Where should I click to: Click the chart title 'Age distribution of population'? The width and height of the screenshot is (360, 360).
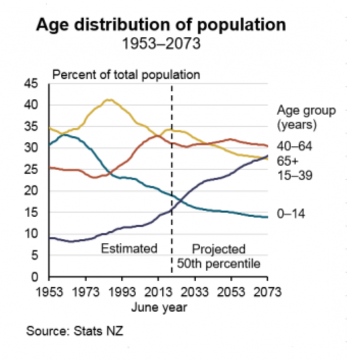161,25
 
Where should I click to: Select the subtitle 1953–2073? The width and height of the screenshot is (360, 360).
161,44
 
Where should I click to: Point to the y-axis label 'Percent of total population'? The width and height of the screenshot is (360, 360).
126,74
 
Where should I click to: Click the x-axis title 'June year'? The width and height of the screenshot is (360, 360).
159,307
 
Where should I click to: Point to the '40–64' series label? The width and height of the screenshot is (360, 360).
294,147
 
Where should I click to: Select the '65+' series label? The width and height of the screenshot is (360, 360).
288,161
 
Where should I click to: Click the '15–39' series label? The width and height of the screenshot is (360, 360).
294,175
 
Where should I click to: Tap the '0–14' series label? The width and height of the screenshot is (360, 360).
291,215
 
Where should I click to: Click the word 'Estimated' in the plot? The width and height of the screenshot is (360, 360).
129,249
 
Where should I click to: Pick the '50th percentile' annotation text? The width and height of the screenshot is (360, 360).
219,264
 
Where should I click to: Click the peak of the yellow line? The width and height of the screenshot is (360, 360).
108,100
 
